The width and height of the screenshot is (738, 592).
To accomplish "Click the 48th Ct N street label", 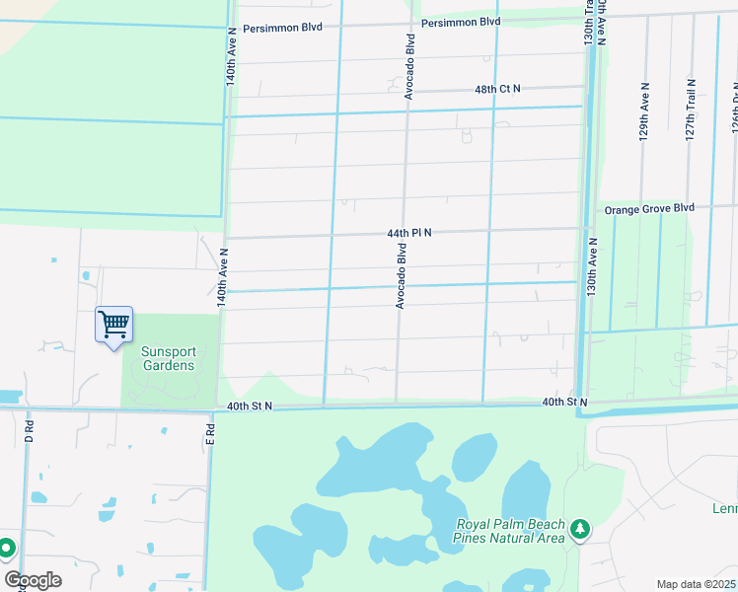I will pyautogui.click(x=497, y=89).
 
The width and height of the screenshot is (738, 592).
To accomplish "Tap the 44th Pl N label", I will pyautogui.click(x=409, y=233).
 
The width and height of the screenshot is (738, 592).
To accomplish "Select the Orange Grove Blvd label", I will pyautogui.click(x=649, y=208).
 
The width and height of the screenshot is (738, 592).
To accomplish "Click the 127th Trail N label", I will pyautogui.click(x=691, y=109).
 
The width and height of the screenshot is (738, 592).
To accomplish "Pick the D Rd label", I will pyautogui.click(x=30, y=432).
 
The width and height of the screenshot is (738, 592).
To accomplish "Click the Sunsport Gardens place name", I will pyautogui.click(x=168, y=358).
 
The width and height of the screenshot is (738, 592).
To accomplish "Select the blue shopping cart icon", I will pyautogui.click(x=113, y=324).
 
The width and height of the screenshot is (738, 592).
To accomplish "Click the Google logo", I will pyautogui.click(x=33, y=580).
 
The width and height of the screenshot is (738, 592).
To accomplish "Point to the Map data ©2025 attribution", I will pyautogui.click(x=697, y=584).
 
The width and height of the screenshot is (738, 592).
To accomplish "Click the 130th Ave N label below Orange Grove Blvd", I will pyautogui.click(x=592, y=267).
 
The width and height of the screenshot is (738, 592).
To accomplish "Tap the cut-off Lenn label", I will pyautogui.click(x=724, y=509).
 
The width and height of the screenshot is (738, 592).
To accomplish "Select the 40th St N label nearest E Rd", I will pyautogui.click(x=249, y=406).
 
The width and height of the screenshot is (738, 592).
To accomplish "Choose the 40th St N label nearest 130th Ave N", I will pyautogui.click(x=564, y=403).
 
